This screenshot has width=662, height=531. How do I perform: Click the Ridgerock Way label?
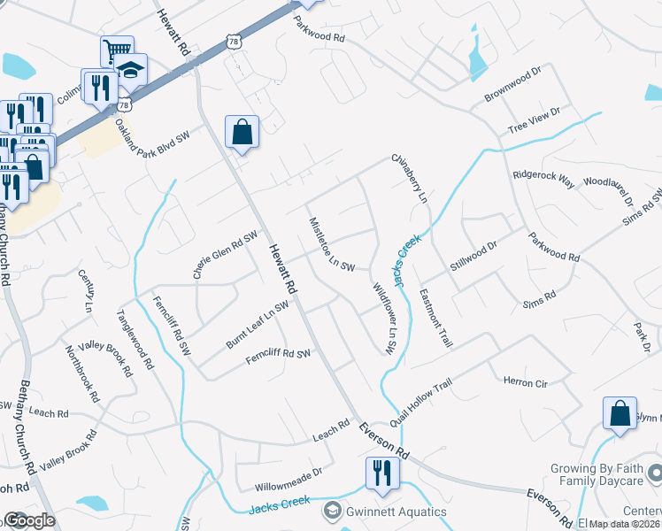pos(543,175)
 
